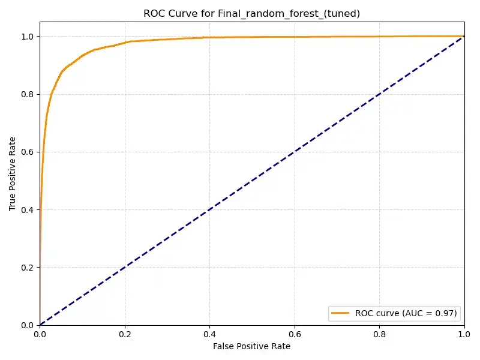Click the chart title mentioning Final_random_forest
pos(251,13)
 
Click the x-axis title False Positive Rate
pos(251,346)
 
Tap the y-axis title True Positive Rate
pos(13,173)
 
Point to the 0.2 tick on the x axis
pos(124,334)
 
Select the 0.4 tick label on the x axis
pos(209,334)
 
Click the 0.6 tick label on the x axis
pos(294,334)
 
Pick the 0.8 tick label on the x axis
pos(379,334)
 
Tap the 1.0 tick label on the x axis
pos(464,334)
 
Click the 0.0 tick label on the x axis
pos(40,334)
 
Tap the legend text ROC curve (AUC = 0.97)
pos(406,313)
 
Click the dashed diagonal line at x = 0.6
pos(294,152)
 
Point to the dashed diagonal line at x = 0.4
pos(209,210)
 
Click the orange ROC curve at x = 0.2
pos(124,43)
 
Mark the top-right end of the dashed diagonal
pos(464,37)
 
